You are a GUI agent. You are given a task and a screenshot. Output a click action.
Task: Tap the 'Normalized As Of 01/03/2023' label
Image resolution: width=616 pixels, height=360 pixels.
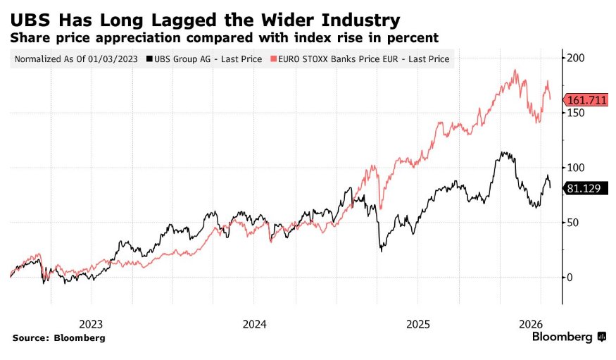(x=77, y=59)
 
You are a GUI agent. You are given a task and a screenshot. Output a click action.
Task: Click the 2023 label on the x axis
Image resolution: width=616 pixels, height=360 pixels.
(x=91, y=325)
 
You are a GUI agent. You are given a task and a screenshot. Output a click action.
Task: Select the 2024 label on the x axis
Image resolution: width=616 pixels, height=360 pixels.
(x=254, y=325)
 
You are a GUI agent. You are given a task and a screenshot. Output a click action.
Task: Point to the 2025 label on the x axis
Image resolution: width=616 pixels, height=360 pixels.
(x=418, y=325)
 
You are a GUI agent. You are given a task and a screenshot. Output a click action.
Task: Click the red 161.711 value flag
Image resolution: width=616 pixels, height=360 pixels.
(x=586, y=100)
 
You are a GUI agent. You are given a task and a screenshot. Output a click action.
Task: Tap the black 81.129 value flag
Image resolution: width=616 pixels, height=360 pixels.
(x=586, y=188)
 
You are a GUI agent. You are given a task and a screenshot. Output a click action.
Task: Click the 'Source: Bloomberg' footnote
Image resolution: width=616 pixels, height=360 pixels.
(x=58, y=338)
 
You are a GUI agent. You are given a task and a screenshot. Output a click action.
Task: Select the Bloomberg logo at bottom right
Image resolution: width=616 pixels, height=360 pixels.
(x=568, y=337)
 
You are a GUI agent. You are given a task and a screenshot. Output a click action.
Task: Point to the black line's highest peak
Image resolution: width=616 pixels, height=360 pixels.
(x=502, y=151)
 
